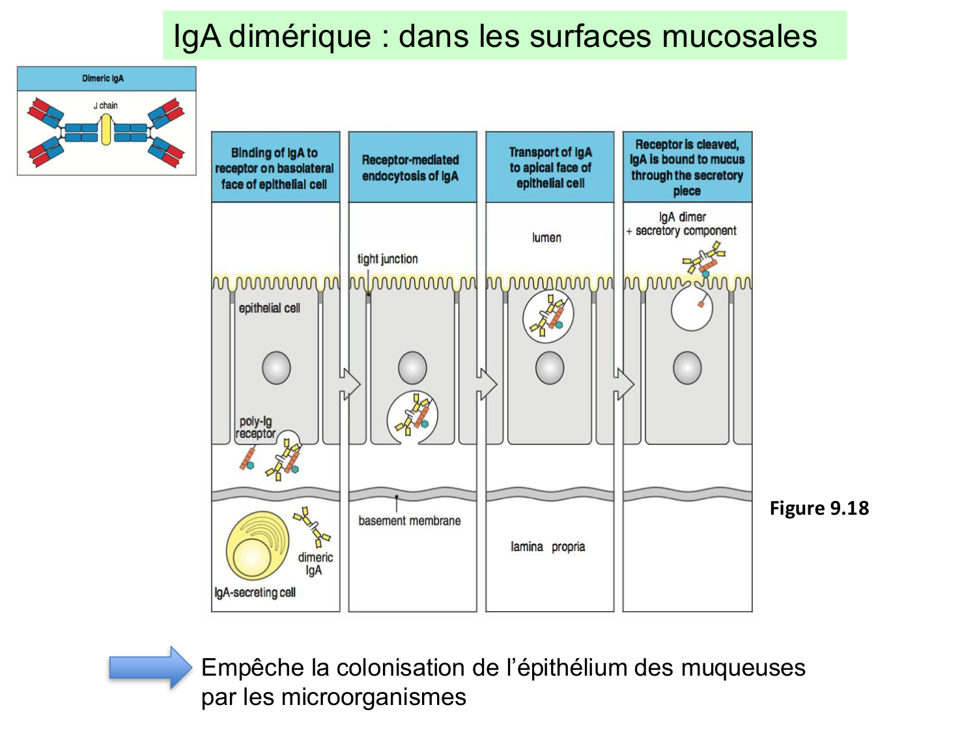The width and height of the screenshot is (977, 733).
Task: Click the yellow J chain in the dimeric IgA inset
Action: tap(106, 129)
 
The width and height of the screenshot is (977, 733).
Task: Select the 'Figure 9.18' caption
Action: tap(819, 508)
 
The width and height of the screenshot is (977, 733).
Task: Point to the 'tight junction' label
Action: tap(388, 259)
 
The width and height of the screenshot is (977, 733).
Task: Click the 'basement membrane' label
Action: tap(409, 521)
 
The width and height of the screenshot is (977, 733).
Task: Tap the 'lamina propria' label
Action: tap(548, 547)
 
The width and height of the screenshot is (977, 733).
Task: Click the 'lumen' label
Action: tap(546, 238)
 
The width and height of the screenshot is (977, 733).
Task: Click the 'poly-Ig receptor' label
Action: tap(255, 427)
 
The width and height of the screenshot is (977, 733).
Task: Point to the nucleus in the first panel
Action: tap(276, 368)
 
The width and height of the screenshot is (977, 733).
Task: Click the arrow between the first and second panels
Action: tap(350, 384)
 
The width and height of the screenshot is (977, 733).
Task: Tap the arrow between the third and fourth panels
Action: tap(624, 384)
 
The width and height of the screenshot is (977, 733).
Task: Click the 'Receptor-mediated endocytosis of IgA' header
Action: tap(410, 168)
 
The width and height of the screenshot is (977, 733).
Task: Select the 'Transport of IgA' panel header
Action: tap(550, 167)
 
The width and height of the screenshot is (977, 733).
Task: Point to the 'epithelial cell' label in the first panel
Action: tap(269, 308)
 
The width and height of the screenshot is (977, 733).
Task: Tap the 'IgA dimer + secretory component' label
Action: tap(682, 224)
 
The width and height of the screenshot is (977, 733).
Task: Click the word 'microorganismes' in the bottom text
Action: tap(373, 697)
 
